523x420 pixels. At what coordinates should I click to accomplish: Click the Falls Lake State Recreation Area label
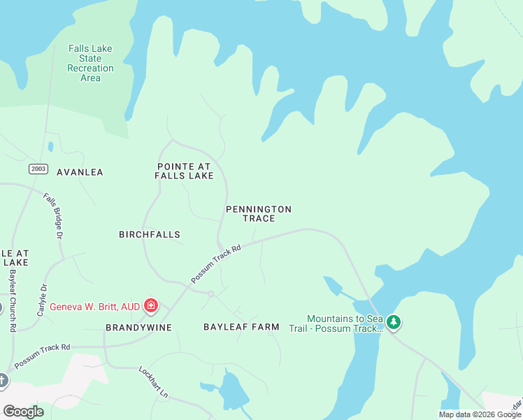90,63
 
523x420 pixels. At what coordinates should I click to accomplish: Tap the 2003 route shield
38,169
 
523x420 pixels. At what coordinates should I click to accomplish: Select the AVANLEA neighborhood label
80,172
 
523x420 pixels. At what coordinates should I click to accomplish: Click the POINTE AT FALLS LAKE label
184,171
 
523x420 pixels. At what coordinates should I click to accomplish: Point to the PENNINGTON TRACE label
258,213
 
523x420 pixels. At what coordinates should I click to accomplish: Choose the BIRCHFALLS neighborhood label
150,234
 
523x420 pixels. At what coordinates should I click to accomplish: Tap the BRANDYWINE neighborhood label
138,327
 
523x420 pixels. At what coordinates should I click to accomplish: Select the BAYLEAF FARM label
241,327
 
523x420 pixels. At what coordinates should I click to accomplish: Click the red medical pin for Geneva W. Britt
150,305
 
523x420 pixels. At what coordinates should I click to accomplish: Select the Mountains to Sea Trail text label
345,323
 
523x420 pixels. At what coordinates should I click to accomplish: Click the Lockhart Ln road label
154,381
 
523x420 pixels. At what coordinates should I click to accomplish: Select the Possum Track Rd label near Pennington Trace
217,263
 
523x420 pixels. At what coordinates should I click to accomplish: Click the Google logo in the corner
23,411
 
